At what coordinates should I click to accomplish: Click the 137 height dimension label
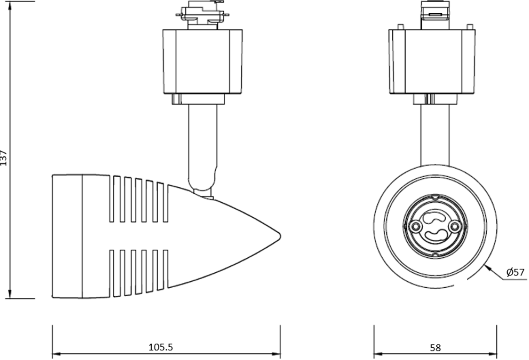(4, 158)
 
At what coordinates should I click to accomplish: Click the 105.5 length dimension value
(160, 347)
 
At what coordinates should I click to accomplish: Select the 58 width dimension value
(435, 348)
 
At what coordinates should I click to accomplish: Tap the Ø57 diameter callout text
(515, 273)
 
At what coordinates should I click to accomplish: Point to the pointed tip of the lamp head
(279, 235)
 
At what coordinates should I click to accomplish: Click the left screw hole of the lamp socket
(414, 226)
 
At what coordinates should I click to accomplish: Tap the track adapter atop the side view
(202, 15)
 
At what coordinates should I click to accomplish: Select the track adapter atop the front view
(435, 15)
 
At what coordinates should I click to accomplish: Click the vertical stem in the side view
(202, 141)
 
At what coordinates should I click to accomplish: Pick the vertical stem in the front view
(435, 134)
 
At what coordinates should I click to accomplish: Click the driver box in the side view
(202, 61)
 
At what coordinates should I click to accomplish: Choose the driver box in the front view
(432, 61)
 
